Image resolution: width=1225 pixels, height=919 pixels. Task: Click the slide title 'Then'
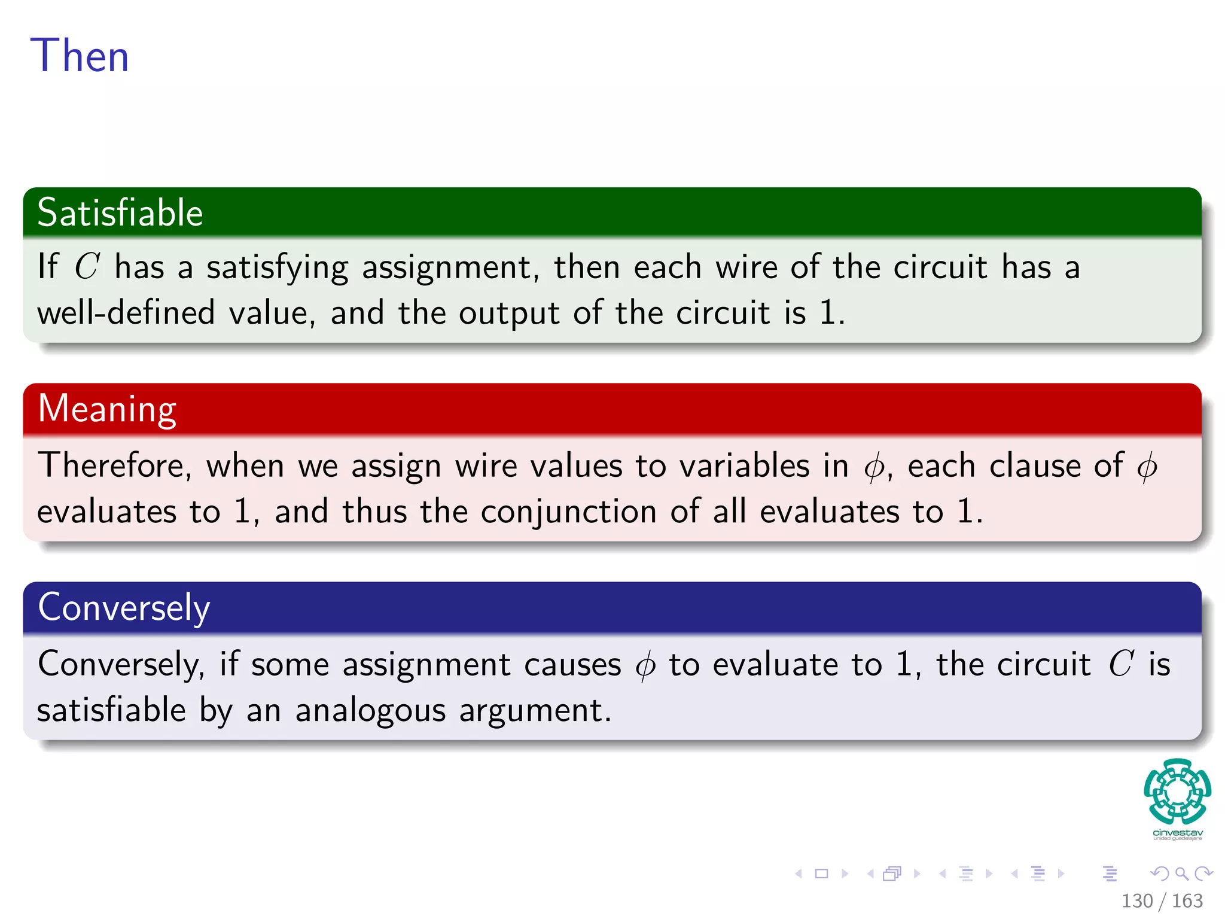(80, 56)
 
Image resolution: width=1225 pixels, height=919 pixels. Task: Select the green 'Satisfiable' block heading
(120, 213)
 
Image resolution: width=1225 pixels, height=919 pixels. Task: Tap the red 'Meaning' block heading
(107, 409)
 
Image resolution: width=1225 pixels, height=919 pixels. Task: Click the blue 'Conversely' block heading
(124, 607)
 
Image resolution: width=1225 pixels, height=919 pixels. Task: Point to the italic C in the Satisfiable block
(87, 266)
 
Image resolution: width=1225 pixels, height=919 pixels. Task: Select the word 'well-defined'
(126, 313)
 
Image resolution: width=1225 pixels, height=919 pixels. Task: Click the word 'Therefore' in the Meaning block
(114, 465)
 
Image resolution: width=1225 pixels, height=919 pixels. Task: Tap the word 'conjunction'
(568, 512)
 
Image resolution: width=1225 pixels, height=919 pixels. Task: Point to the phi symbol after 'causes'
(645, 665)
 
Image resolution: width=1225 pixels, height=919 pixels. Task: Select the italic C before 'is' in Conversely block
(1120, 664)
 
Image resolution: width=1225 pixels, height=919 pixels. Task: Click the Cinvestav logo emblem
(1177, 792)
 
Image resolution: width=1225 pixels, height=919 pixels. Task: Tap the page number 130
(1136, 901)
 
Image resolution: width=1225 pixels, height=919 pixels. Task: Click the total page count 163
(1187, 901)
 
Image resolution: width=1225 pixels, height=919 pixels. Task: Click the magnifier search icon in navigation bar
(1181, 874)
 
